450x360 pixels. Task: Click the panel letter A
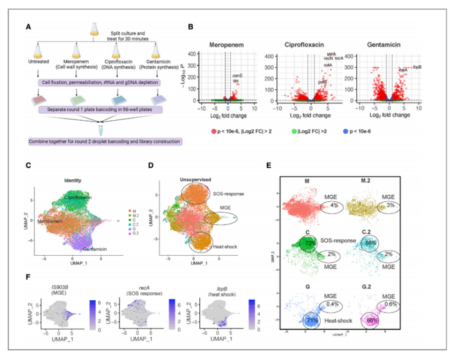pyautogui.click(x=28, y=26)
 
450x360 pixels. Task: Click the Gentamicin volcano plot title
pyautogui.click(x=391, y=44)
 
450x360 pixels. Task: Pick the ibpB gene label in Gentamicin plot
pyautogui.click(x=417, y=67)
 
